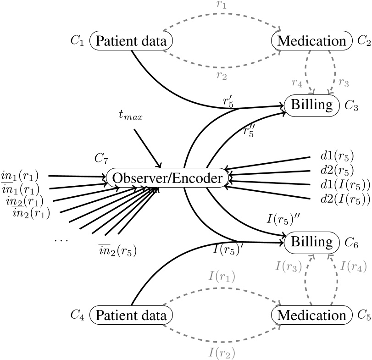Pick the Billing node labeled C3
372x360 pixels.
(312, 105)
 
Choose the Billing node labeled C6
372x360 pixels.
(312, 241)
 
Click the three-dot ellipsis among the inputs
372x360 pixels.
(60, 239)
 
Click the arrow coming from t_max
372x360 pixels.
(148, 148)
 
